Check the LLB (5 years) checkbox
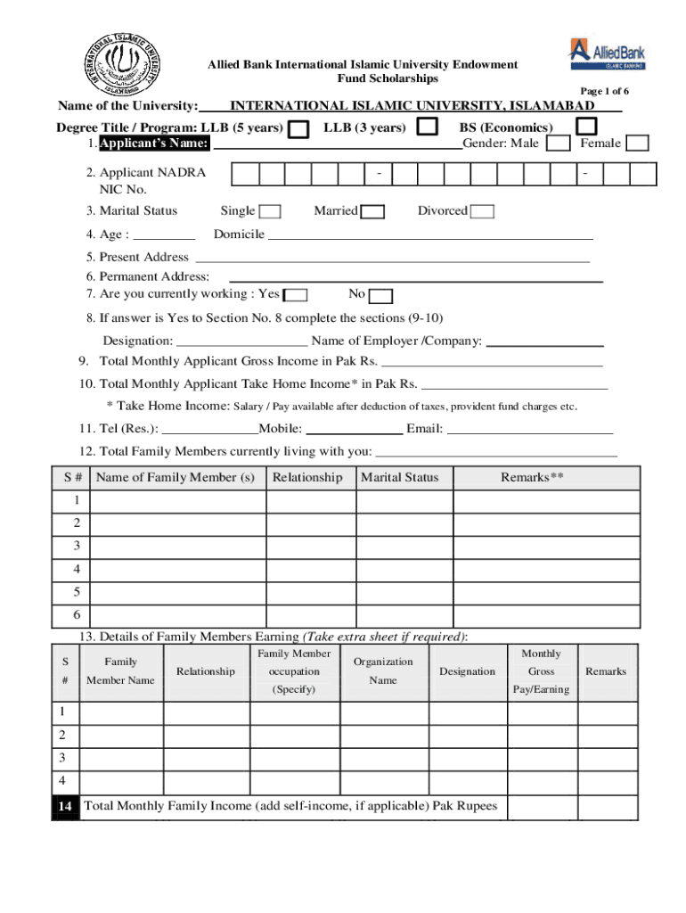point(301,129)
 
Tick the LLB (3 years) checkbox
point(429,127)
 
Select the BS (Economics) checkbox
point(585,127)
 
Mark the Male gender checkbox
point(559,144)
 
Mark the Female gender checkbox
point(636,144)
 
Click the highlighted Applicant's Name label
point(154,144)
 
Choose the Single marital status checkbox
point(270,211)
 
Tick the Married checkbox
point(373,211)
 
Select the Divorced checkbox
point(482,211)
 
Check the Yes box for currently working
point(297,295)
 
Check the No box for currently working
point(380,296)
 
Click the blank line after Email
point(529,429)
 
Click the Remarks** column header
point(532,478)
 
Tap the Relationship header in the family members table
point(306,478)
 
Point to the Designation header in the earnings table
point(467,671)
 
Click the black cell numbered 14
point(66,807)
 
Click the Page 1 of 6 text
point(605,92)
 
